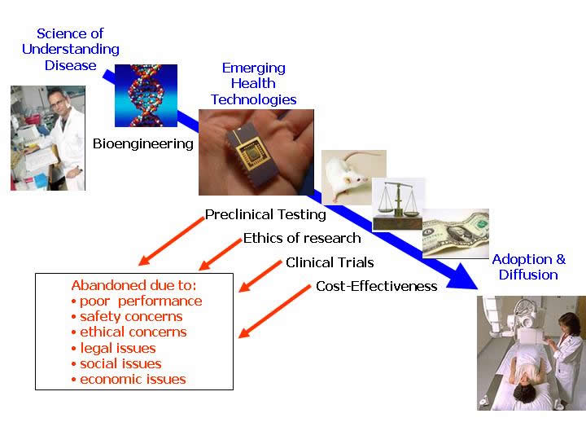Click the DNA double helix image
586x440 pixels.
coord(146,95)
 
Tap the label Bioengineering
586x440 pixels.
coord(143,144)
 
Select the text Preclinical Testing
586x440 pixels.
coord(265,215)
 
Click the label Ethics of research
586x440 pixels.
coord(302,239)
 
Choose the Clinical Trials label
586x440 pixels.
coord(330,262)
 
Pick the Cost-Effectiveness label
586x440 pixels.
coord(377,286)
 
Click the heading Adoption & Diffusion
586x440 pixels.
coord(528,267)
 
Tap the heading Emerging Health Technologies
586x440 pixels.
coord(253,84)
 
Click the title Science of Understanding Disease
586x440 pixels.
coord(70,50)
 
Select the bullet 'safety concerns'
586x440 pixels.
coord(130,316)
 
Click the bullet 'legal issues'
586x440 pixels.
coord(117,348)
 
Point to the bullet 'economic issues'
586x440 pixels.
coord(132,379)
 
